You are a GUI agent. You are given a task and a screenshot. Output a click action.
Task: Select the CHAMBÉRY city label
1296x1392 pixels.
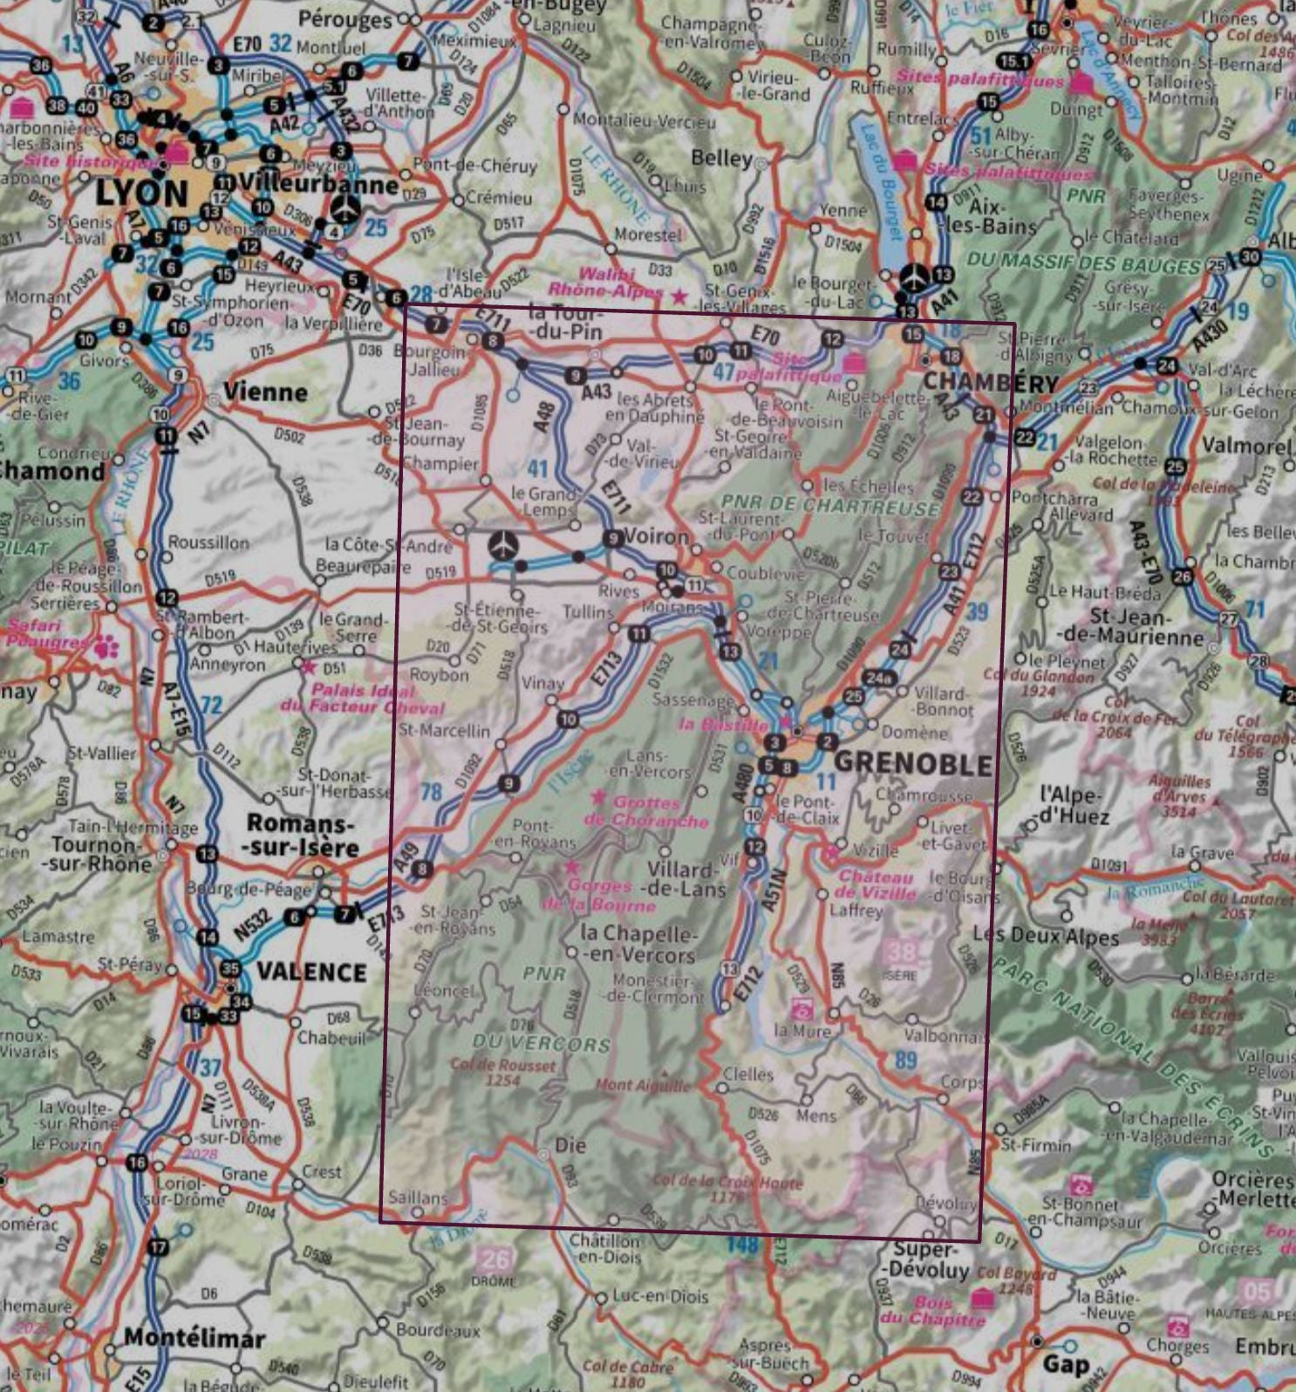(990, 382)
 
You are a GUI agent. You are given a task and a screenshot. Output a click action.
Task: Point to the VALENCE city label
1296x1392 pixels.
(311, 972)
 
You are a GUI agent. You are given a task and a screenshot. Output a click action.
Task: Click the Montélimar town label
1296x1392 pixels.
(194, 1337)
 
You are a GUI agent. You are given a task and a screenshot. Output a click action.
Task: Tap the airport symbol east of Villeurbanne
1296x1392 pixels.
(346, 208)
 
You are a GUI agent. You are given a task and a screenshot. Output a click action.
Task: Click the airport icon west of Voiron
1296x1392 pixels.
(503, 545)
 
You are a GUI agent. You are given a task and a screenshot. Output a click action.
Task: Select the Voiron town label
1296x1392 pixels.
(657, 536)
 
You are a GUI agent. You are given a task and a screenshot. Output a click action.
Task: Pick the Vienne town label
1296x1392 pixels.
(265, 392)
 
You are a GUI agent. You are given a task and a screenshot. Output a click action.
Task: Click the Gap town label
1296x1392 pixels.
(1066, 1363)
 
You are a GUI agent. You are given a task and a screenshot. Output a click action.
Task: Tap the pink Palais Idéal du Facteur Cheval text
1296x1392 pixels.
(362, 699)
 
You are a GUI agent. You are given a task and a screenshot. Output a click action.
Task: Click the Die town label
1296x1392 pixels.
(570, 1144)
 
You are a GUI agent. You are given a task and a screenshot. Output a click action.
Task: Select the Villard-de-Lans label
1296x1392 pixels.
(686, 879)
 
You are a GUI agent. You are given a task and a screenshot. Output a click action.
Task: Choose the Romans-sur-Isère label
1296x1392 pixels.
(302, 835)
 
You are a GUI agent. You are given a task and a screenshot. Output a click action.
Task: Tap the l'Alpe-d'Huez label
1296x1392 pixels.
(1074, 805)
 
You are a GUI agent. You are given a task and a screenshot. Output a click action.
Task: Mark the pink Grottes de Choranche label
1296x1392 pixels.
(646, 811)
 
